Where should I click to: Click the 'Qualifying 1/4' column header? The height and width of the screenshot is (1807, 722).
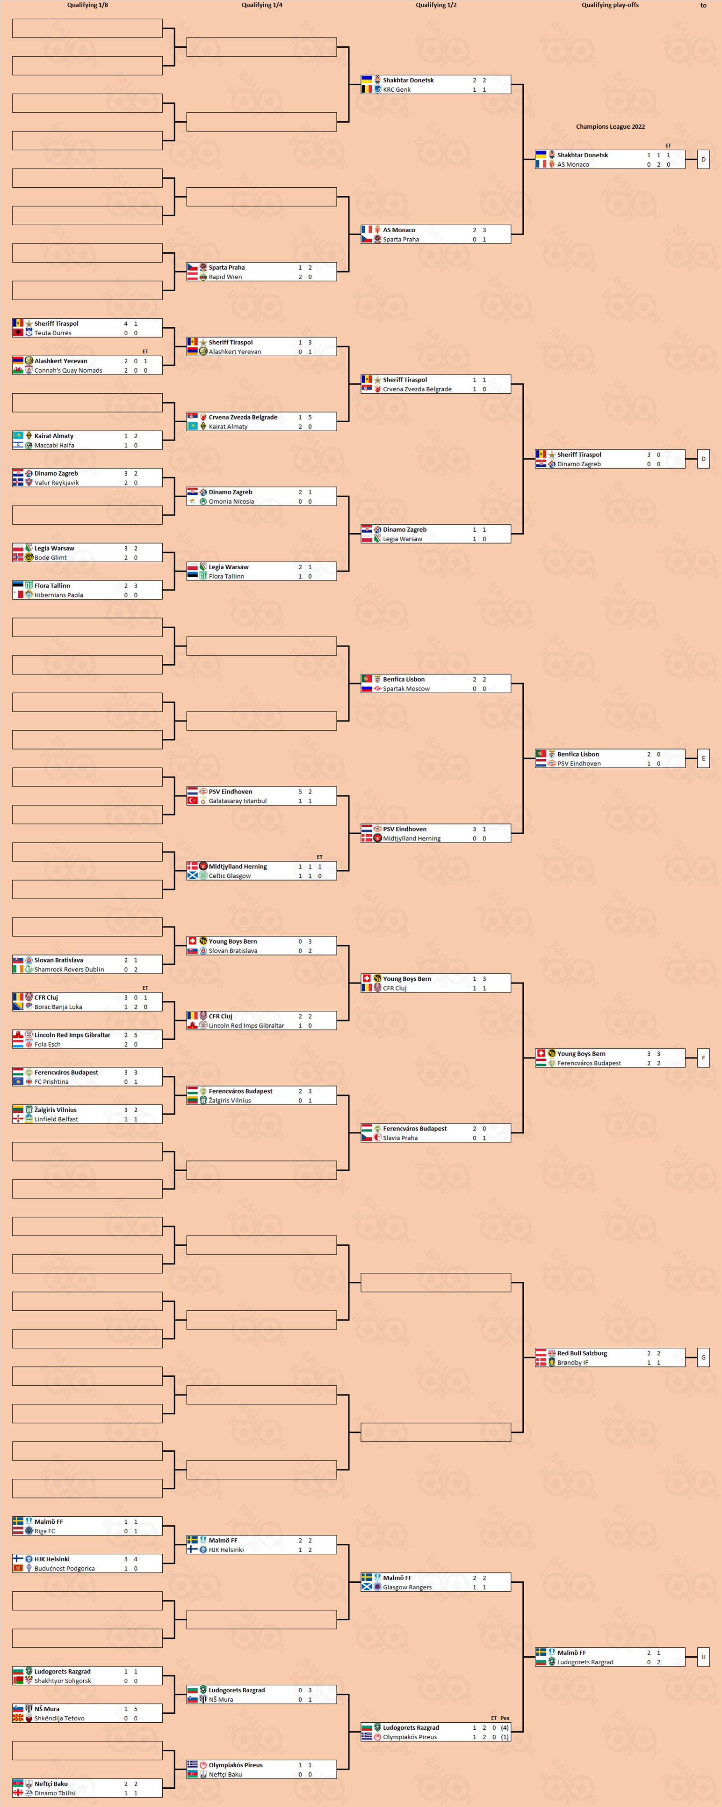[261, 5]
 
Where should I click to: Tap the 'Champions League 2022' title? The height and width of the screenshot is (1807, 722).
[610, 127]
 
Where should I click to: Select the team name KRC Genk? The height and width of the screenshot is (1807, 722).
[397, 90]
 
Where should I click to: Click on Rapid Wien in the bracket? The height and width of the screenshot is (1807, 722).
[225, 277]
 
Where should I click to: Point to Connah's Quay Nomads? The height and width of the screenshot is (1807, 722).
[68, 370]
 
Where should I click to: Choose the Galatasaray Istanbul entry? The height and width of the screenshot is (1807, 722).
[237, 801]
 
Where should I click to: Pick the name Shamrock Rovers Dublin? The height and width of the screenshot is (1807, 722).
[69, 970]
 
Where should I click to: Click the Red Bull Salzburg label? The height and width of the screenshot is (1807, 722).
[582, 1353]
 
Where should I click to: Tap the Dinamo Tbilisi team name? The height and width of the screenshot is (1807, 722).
[55, 1793]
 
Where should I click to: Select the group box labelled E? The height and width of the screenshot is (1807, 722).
[703, 758]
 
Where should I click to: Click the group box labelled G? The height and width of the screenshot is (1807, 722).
[703, 1357]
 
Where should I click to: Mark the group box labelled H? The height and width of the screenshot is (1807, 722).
[703, 1657]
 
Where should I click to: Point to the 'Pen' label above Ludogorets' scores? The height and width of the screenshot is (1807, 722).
[505, 1718]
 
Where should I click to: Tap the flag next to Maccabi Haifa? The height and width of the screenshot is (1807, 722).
[17, 446]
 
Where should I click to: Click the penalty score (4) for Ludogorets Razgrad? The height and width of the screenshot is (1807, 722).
[505, 1728]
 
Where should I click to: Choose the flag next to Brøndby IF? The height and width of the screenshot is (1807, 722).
[541, 1362]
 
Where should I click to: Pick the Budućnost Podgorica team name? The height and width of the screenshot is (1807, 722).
[65, 1569]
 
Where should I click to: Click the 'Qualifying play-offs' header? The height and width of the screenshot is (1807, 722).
[610, 5]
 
